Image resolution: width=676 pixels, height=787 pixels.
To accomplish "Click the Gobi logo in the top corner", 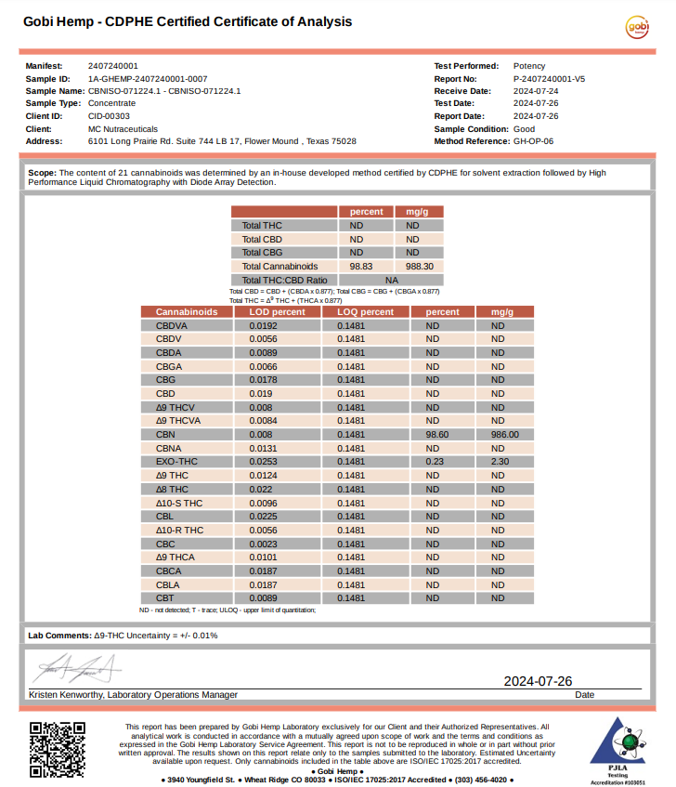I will pyautogui.click(x=638, y=28).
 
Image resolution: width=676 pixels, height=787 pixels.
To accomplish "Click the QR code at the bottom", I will pyautogui.click(x=51, y=748).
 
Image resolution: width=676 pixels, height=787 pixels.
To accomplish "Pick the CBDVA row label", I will pyautogui.click(x=172, y=326).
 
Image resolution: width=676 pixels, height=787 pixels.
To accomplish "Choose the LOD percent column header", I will pyautogui.click(x=277, y=312).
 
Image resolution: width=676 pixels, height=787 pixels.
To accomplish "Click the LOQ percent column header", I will pyautogui.click(x=365, y=312).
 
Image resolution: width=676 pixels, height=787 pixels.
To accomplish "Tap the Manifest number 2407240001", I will pyautogui.click(x=113, y=67).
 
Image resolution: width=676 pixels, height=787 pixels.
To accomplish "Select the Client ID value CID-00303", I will pyautogui.click(x=110, y=116).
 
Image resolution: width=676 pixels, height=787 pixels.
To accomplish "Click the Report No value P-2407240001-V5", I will pyautogui.click(x=549, y=79).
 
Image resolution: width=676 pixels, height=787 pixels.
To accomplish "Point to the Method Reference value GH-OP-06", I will pyautogui.click(x=533, y=141).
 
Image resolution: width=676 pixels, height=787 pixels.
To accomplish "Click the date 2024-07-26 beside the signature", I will pyautogui.click(x=538, y=681).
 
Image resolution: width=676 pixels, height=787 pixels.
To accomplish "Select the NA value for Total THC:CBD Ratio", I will pyautogui.click(x=392, y=280).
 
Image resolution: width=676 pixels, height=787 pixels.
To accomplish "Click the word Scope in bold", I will pyautogui.click(x=42, y=173).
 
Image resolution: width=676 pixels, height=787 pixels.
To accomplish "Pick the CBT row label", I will pyautogui.click(x=166, y=598).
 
